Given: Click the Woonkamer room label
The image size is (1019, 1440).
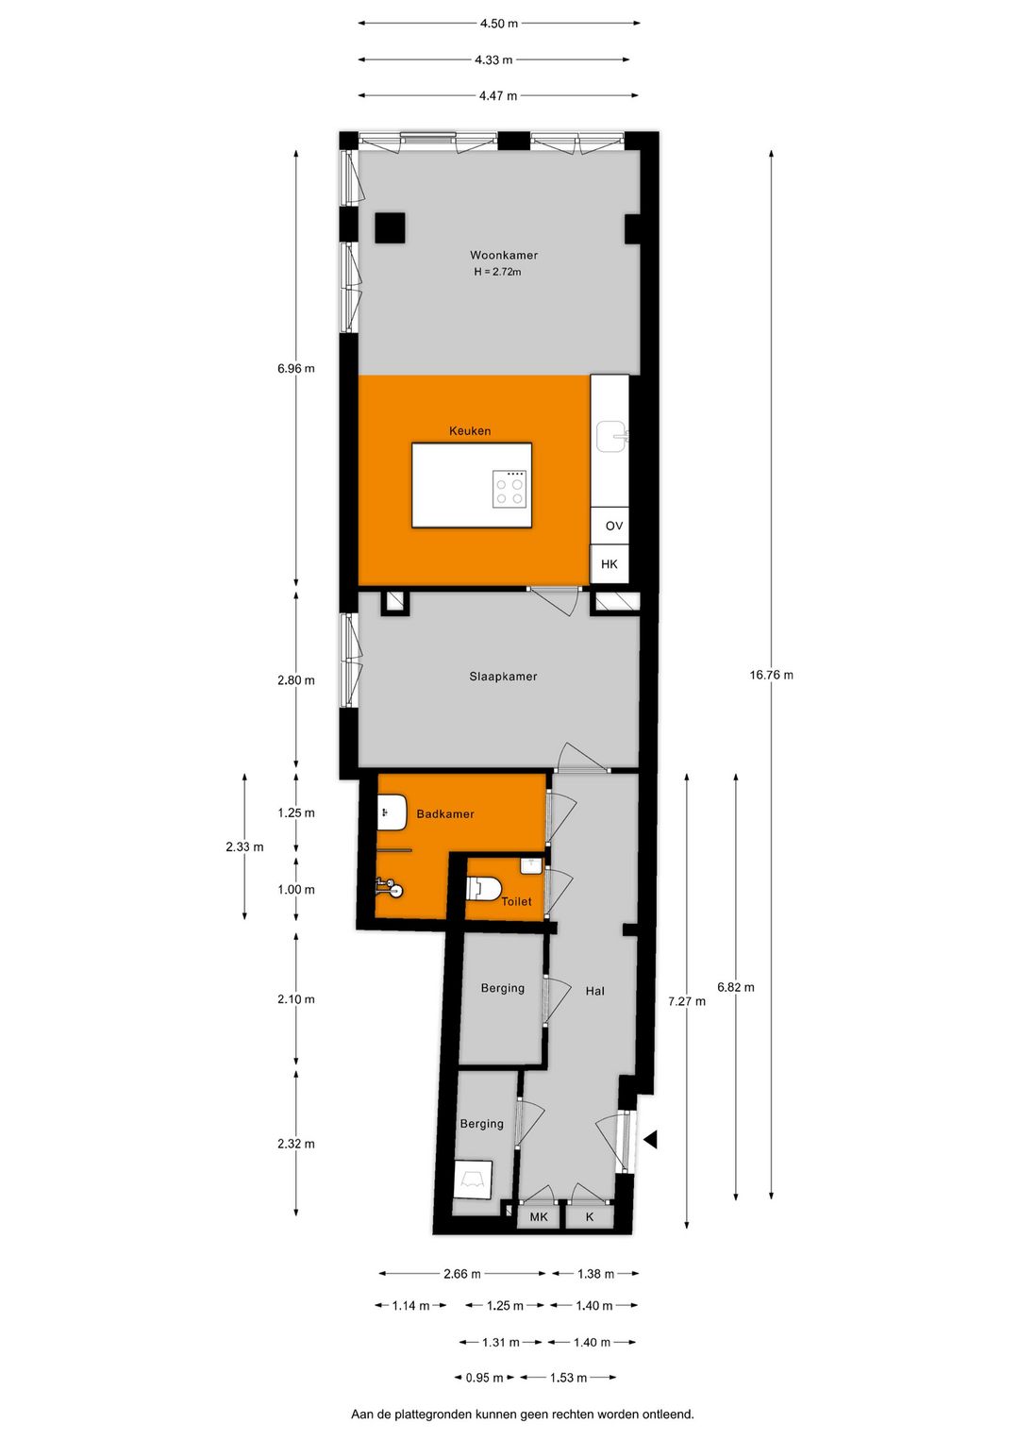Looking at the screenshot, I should point(504,255).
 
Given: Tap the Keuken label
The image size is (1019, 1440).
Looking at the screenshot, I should point(470,431).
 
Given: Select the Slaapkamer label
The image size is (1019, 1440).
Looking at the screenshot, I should point(503,677).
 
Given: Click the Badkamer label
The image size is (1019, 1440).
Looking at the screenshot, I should point(445,814).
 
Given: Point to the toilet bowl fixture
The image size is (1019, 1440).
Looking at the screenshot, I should point(483,889).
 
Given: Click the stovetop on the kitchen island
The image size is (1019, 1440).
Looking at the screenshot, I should point(509,489).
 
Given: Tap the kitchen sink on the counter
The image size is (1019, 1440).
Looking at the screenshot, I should point(610,435).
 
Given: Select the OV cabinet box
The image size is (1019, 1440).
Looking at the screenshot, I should point(613,526).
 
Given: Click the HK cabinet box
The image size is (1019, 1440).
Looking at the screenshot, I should point(610,564).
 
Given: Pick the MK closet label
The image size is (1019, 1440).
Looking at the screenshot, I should point(539,1217).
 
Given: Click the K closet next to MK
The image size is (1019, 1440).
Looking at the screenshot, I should point(590,1217).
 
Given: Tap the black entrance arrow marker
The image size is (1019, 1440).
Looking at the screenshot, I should point(650,1140).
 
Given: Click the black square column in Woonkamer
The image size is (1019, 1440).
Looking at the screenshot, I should point(390,227).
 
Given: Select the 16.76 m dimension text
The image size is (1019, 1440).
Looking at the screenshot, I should point(771,675).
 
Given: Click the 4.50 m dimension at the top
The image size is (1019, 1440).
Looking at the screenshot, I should point(499,24).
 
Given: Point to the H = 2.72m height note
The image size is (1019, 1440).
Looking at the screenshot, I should point(497,272).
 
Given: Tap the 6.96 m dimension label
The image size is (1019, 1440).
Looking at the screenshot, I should point(296,368).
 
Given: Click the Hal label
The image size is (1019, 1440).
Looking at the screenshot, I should point(594,991).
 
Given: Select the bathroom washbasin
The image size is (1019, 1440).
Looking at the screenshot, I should point(391,812).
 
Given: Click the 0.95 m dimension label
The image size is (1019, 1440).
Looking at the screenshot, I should point(484,1378).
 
